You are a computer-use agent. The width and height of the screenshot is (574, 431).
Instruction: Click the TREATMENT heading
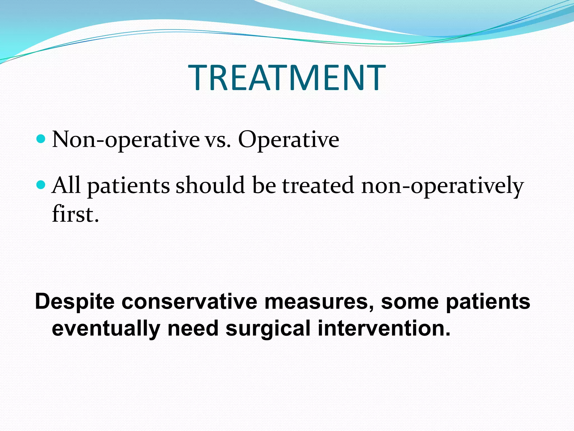287,77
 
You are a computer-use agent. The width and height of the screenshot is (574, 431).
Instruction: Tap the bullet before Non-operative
41,139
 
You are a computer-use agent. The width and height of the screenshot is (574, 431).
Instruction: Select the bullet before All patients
41,184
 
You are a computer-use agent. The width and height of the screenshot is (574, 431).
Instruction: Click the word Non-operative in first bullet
126,140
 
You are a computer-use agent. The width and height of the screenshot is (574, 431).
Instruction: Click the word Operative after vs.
288,140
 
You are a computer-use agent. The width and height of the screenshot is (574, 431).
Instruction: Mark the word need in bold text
193,328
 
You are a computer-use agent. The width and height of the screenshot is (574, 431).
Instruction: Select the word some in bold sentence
410,302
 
